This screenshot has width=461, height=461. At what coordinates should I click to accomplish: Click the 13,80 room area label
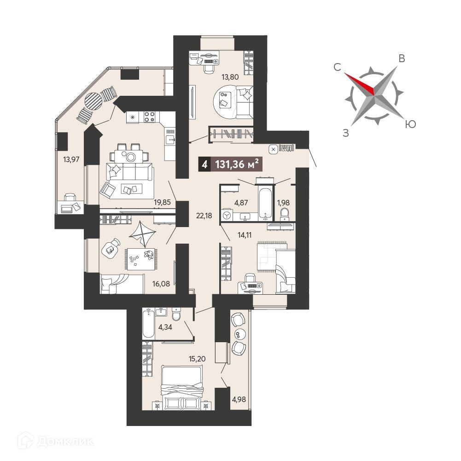point(230,77)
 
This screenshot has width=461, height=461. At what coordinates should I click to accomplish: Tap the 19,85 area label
point(162,202)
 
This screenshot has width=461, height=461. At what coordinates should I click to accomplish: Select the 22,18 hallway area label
point(204,216)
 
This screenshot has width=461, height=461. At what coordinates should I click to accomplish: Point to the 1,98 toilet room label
point(283,203)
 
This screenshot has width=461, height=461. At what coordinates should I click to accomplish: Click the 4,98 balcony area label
point(239,400)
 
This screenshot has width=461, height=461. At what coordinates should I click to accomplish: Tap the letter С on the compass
point(337,67)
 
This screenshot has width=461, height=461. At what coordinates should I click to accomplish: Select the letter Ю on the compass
point(410,124)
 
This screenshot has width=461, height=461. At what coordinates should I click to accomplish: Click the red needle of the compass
point(360,83)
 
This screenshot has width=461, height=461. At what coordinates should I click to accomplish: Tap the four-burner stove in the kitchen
point(149,117)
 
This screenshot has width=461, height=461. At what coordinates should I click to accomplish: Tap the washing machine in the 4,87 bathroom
point(227,215)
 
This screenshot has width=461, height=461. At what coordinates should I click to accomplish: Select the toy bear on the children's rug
point(149,255)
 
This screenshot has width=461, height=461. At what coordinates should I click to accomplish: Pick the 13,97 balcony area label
point(71,160)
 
